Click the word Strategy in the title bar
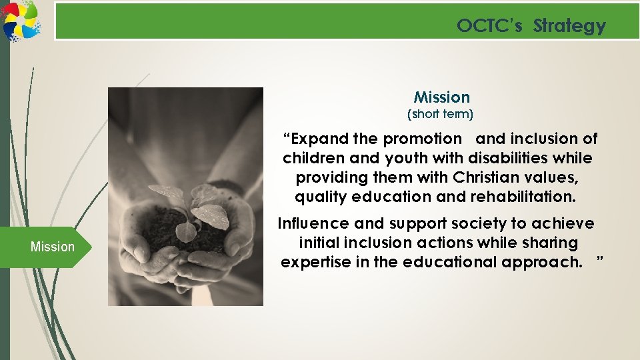[569, 26]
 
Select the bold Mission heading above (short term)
[441, 97]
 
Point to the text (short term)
[440, 114]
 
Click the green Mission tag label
[53, 247]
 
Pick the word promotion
[422, 139]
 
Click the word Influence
[312, 223]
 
